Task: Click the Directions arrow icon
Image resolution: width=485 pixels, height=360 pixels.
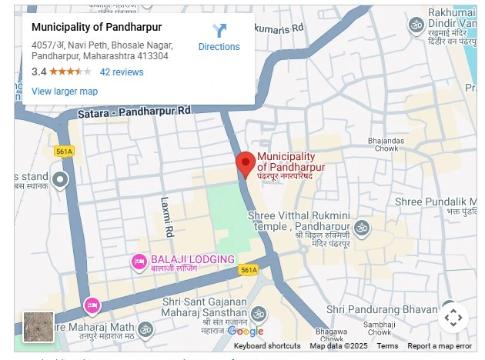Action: [219, 31]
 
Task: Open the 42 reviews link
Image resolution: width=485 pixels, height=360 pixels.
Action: [122, 72]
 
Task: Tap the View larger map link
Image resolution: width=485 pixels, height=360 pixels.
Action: [65, 92]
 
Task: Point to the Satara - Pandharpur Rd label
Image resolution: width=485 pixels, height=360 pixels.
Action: [134, 112]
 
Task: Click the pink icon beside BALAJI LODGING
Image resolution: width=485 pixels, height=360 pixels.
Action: [139, 262]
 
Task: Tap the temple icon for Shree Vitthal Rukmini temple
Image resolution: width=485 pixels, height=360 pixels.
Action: [361, 228]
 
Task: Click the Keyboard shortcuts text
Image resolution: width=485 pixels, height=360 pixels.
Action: [267, 346]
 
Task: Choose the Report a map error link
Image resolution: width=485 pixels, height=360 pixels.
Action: [440, 346]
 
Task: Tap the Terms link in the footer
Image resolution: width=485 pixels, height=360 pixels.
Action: [387, 346]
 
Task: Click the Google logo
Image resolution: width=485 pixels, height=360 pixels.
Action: [246, 332]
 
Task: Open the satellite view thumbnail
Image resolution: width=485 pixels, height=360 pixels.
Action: [38, 327]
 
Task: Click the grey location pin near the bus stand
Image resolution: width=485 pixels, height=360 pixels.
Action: [61, 181]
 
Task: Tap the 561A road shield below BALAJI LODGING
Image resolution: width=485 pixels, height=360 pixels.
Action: [248, 271]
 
